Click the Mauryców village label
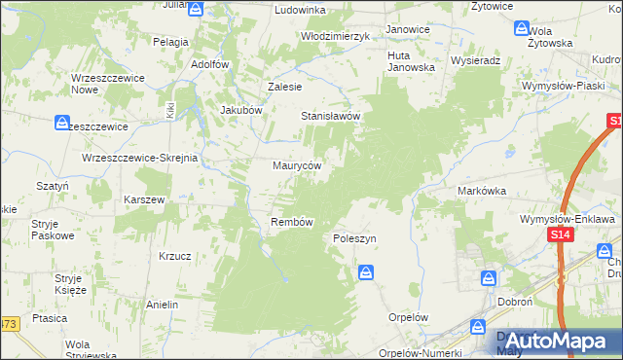(x=297, y=166)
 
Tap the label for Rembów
(x=290, y=222)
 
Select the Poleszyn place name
(x=354, y=238)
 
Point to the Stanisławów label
(x=331, y=116)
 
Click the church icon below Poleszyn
(x=366, y=271)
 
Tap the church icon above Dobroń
(x=488, y=279)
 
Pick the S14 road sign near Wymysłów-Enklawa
(x=559, y=235)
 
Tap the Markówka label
(x=482, y=192)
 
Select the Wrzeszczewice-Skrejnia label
(x=140, y=158)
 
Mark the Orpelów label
(x=408, y=317)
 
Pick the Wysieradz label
(x=476, y=60)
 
